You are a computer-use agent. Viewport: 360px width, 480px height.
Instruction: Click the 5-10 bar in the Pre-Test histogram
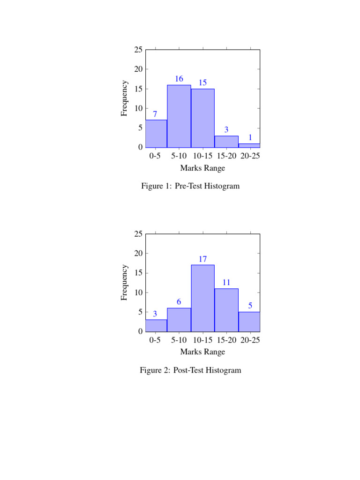(x=179, y=116)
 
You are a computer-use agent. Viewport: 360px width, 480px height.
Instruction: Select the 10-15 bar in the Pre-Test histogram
(x=202, y=118)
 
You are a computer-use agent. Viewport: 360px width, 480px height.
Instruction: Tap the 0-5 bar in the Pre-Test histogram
(x=156, y=134)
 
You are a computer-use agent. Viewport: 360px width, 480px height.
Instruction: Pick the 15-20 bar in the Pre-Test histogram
(x=226, y=142)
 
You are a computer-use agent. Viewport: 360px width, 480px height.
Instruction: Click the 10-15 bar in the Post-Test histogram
(x=202, y=298)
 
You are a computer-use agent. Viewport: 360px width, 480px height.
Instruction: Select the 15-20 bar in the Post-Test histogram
(x=226, y=310)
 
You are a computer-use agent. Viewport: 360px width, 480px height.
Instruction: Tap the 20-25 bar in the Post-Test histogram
(x=249, y=322)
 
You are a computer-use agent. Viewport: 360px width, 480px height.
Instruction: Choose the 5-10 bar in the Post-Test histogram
(x=179, y=320)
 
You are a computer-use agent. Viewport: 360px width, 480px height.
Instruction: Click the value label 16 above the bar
(x=179, y=79)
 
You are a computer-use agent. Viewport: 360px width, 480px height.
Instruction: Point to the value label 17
(x=202, y=259)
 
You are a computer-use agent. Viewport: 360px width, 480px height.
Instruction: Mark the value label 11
(x=226, y=282)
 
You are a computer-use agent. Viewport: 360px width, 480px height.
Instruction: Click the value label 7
(x=155, y=114)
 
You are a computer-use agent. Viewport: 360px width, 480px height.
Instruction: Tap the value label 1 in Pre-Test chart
(x=250, y=137)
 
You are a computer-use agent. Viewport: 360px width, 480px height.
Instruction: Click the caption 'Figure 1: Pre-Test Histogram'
(x=190, y=186)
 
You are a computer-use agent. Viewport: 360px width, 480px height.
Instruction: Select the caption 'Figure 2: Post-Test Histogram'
(x=190, y=370)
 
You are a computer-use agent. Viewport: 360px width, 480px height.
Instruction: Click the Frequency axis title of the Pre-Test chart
(x=124, y=98)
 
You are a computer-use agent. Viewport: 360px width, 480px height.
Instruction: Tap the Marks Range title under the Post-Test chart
(x=202, y=352)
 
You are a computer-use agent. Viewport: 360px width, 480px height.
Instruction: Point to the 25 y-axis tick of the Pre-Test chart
(x=138, y=50)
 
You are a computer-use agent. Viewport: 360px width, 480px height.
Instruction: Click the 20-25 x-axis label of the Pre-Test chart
(x=250, y=156)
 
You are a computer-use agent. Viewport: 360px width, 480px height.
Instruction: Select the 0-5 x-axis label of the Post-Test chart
(x=155, y=340)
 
